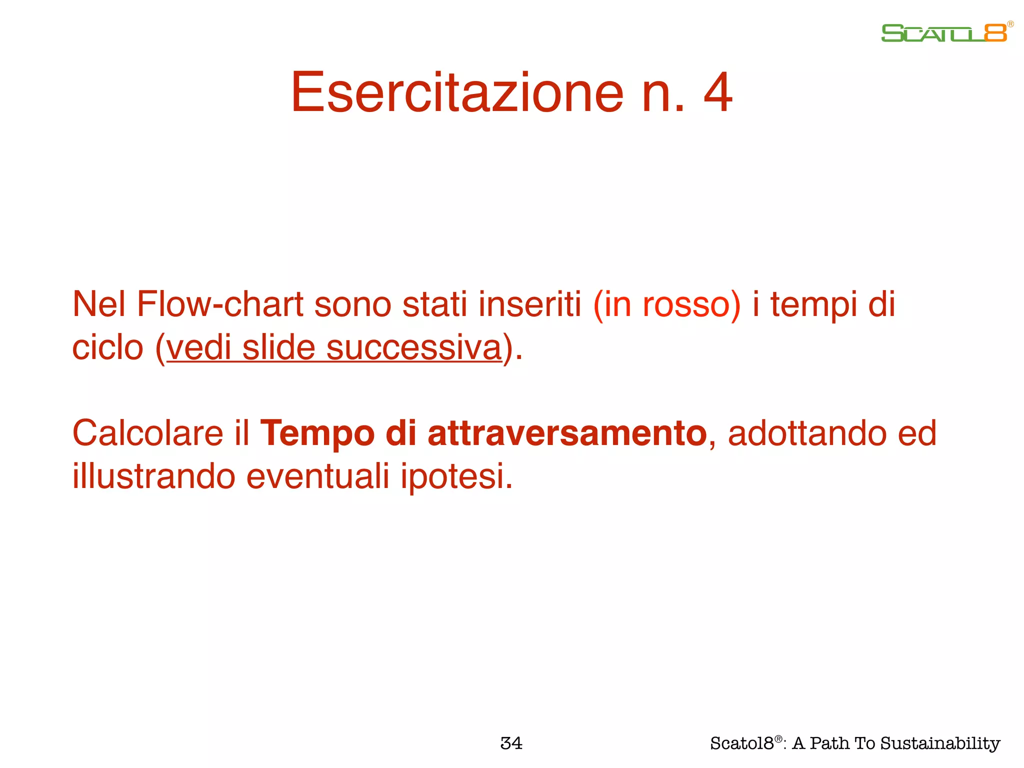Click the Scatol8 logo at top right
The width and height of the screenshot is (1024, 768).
click(944, 33)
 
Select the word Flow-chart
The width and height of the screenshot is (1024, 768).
click(220, 304)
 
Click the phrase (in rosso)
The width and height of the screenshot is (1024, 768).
click(666, 304)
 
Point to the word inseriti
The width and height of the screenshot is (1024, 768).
click(529, 304)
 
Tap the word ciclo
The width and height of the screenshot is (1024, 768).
click(107, 347)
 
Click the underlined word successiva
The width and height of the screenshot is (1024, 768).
click(414, 347)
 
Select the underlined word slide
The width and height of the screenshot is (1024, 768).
click(278, 347)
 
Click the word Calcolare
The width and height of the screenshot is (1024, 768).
click(148, 432)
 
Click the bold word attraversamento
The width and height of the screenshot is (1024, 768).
click(567, 432)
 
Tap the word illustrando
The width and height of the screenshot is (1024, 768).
click(153, 476)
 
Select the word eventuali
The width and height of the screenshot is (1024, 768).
click(317, 476)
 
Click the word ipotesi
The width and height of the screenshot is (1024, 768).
click(456, 476)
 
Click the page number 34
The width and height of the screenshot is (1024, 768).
click(511, 743)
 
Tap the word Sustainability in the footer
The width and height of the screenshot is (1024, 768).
click(940, 743)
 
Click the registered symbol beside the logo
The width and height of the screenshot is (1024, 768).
click(1010, 24)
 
